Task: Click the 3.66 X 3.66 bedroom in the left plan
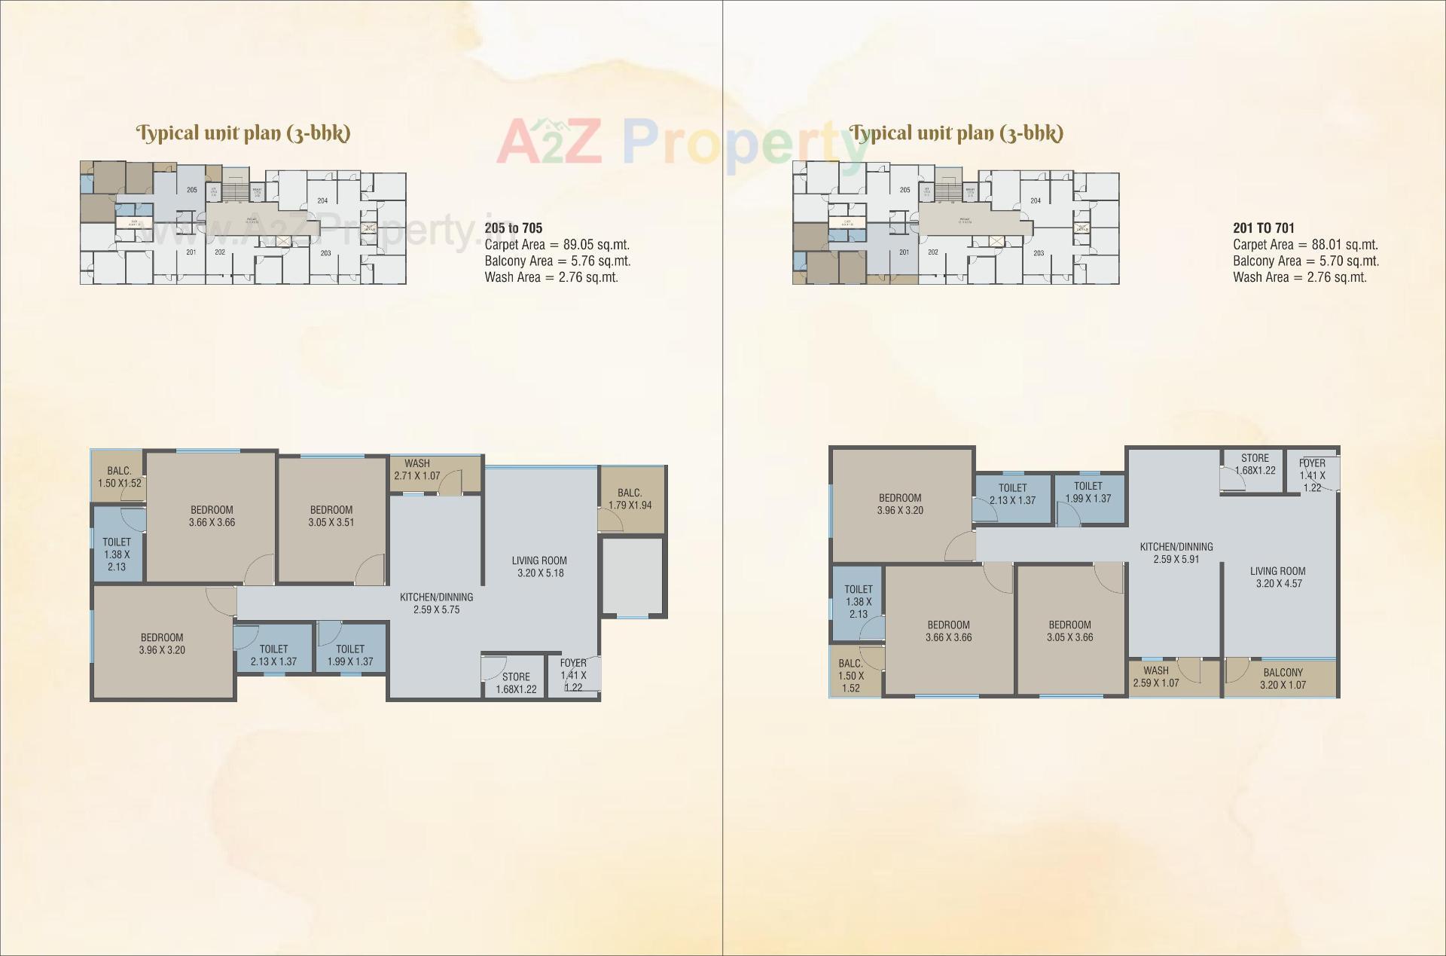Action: (212, 516)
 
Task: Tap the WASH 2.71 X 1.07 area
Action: (416, 470)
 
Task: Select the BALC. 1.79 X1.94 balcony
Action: (630, 499)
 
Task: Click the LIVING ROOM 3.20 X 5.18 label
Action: (539, 567)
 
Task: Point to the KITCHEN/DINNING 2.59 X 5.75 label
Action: (436, 603)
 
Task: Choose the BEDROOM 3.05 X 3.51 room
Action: (331, 516)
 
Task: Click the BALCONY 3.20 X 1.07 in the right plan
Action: (1283, 679)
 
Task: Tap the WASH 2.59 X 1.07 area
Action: (1156, 677)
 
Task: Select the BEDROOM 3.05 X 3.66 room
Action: (1069, 631)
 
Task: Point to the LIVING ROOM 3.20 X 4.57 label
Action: (1278, 577)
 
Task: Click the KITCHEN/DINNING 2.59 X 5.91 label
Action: (1176, 553)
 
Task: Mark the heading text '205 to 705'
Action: (514, 228)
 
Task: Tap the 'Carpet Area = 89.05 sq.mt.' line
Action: (557, 245)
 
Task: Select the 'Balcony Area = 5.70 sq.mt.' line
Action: (1306, 261)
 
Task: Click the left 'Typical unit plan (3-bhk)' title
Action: (243, 133)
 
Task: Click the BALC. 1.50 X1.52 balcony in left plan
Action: (119, 477)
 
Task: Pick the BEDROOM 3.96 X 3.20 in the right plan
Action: (900, 504)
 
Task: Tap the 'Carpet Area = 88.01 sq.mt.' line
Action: (1305, 245)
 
